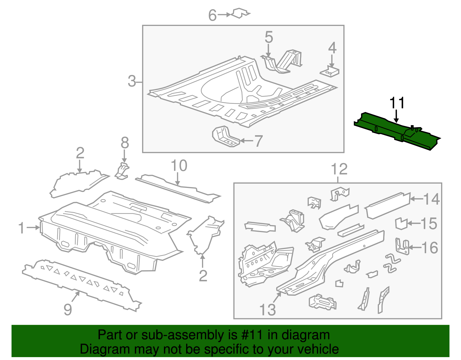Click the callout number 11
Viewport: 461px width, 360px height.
click(397, 103)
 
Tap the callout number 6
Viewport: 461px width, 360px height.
click(212, 15)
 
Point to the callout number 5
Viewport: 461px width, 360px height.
click(269, 38)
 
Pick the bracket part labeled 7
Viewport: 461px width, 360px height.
click(225, 137)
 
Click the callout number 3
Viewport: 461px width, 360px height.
click(132, 81)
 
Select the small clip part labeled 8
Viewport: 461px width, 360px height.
click(122, 171)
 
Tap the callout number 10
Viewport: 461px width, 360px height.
click(179, 166)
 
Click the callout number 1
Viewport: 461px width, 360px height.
click(22, 228)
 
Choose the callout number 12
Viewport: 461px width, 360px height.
click(339, 169)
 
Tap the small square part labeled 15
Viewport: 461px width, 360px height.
click(401, 224)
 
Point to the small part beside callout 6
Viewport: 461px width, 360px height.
click(240, 13)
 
